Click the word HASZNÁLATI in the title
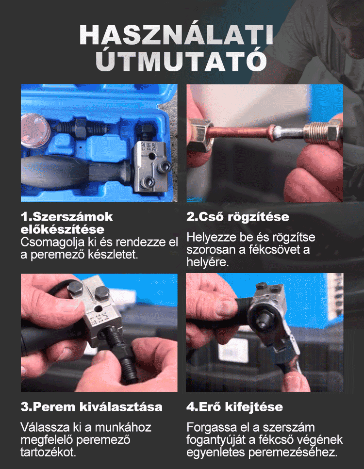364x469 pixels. coord(176,35)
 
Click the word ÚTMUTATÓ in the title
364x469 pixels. coord(182,61)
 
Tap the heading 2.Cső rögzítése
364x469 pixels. coord(238,217)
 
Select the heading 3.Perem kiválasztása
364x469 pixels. coord(92,407)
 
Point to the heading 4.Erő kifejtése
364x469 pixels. coord(235,407)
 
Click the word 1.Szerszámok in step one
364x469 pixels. coord(67,217)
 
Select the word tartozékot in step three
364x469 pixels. coord(49,452)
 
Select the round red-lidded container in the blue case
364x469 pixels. coord(35,131)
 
